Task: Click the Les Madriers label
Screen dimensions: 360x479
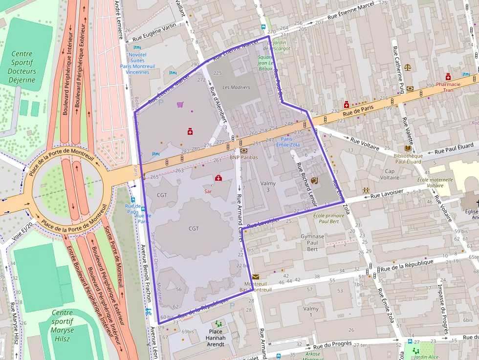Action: (236, 87)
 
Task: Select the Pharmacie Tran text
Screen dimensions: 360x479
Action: (448, 87)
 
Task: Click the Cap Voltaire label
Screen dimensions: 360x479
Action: (390, 174)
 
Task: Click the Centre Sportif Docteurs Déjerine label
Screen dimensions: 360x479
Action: (22, 67)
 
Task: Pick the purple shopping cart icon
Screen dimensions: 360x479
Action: (180, 105)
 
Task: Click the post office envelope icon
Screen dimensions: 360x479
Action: (256, 276)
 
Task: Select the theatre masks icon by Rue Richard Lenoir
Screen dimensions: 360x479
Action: (314, 180)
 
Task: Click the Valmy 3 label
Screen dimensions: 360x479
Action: (268, 187)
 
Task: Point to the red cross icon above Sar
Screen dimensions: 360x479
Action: (218, 178)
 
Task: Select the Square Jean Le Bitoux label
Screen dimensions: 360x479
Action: (265, 63)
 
